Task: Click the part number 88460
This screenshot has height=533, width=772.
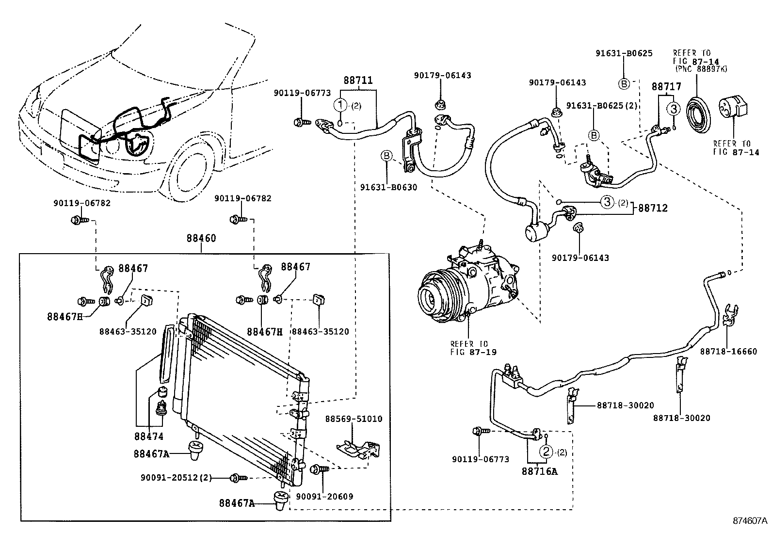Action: [x=201, y=239]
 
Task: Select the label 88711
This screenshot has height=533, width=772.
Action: [x=358, y=80]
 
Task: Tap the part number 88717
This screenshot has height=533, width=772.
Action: [x=666, y=87]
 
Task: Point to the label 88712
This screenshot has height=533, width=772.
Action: [x=653, y=208]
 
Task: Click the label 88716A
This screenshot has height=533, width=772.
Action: [x=539, y=470]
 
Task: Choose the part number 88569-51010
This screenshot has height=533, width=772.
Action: [x=354, y=419]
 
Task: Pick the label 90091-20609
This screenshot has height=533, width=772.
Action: [x=324, y=496]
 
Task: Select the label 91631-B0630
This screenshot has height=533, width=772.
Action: [x=388, y=187]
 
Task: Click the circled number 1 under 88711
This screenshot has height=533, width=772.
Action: [x=341, y=105]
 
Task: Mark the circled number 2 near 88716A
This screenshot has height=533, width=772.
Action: [x=547, y=452]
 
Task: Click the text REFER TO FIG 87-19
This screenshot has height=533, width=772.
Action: [x=468, y=348]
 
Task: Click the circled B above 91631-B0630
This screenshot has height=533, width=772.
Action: [x=386, y=156]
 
